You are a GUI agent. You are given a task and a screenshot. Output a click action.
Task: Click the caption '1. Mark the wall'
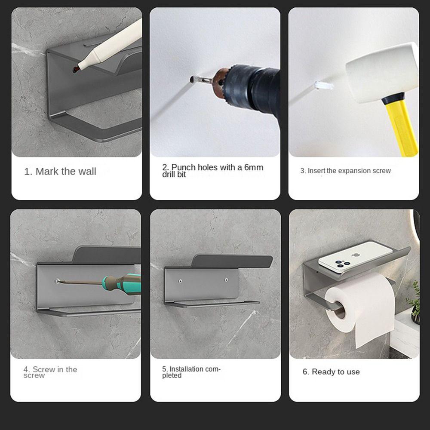point(60,172)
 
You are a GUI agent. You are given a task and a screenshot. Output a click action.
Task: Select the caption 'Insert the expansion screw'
point(345,171)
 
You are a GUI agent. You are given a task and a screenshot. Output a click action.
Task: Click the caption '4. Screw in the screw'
point(50,372)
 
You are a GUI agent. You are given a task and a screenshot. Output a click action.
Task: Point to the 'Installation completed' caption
point(191,372)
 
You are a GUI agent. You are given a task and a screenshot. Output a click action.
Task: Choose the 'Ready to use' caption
point(331,372)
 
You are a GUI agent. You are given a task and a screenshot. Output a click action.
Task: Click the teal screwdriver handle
point(125,282)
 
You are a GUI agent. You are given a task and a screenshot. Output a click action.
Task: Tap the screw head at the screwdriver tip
point(58,281)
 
